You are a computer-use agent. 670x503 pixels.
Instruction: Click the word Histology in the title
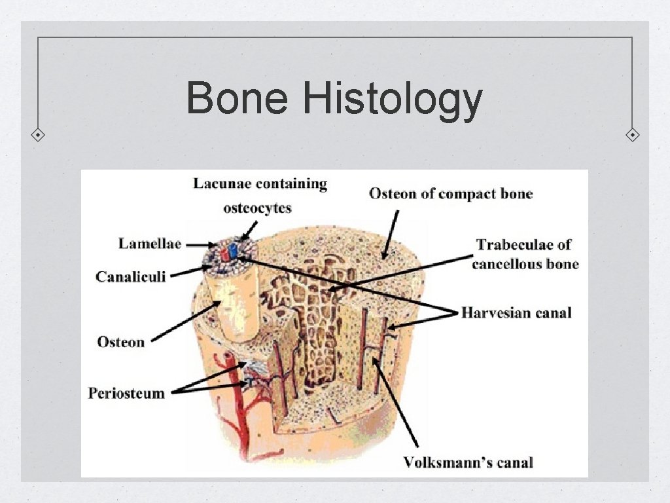click(x=393, y=100)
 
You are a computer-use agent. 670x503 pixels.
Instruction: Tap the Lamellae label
click(x=149, y=244)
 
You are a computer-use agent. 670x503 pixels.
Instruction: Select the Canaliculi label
click(x=130, y=276)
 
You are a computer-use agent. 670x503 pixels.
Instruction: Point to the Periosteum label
click(x=126, y=393)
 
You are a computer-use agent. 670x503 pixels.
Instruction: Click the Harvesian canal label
click(x=516, y=312)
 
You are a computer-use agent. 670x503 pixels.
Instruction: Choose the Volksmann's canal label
click(x=468, y=462)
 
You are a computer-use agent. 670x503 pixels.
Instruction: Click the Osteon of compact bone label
click(x=451, y=194)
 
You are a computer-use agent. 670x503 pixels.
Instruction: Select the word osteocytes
click(x=257, y=208)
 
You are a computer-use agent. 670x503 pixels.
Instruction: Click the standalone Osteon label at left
click(x=120, y=341)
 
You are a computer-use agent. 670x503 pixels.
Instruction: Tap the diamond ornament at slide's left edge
click(x=39, y=135)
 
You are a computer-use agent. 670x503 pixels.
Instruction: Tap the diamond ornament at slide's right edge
click(x=632, y=136)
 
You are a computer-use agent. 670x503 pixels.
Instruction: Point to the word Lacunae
click(x=220, y=184)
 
